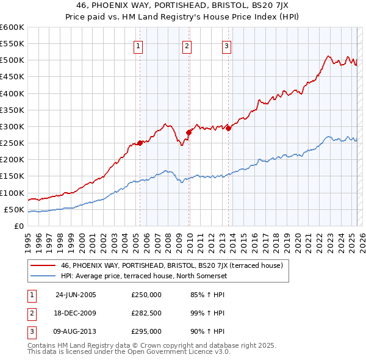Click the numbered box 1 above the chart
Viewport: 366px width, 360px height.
138,46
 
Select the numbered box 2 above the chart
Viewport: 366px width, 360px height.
187,46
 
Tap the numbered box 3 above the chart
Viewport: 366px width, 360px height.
226,46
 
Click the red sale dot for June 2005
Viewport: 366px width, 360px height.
140,143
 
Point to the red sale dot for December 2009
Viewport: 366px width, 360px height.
188,132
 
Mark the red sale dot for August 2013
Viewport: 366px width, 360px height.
228,128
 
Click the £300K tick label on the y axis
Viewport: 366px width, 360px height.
12,127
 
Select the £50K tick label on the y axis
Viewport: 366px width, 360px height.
14,210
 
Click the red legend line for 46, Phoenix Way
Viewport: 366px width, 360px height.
43,265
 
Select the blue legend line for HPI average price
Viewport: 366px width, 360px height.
43,276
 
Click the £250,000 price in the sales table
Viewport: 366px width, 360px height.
146,295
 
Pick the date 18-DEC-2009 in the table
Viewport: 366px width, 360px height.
76,313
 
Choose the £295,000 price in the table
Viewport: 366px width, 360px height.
146,331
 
